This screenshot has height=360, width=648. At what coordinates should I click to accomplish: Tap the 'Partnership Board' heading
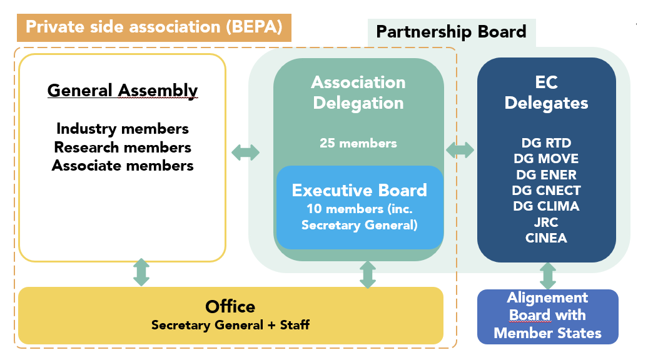coord(451,31)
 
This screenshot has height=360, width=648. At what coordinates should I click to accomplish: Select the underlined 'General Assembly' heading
coord(123,91)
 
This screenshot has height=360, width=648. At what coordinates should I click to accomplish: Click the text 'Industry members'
coord(123,129)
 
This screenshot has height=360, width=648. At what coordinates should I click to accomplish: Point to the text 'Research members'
coord(123,147)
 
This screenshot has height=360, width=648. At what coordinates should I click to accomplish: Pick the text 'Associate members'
coord(123,166)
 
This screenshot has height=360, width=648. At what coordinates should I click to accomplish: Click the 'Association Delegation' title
coord(358,92)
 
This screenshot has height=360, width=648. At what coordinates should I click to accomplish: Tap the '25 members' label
coord(358,143)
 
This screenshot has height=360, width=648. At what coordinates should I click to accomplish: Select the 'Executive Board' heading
coord(360,190)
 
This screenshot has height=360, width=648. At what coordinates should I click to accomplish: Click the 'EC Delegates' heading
coord(547,92)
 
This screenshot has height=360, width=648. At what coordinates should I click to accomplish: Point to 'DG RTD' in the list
coord(547,143)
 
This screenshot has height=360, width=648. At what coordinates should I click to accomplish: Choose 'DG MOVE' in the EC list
coord(547,159)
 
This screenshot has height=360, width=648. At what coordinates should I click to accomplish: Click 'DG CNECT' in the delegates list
coord(547,190)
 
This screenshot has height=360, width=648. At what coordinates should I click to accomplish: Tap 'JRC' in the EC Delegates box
coord(547,222)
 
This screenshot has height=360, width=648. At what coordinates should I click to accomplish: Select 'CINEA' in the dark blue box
coord(547,237)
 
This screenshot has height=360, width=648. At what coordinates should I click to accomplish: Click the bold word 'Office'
coord(230,307)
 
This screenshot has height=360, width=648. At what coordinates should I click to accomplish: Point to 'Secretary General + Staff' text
coord(230,325)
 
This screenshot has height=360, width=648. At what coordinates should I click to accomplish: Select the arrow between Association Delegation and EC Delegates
coord(460,151)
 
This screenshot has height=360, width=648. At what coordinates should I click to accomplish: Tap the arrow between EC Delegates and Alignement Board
coord(548,275)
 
